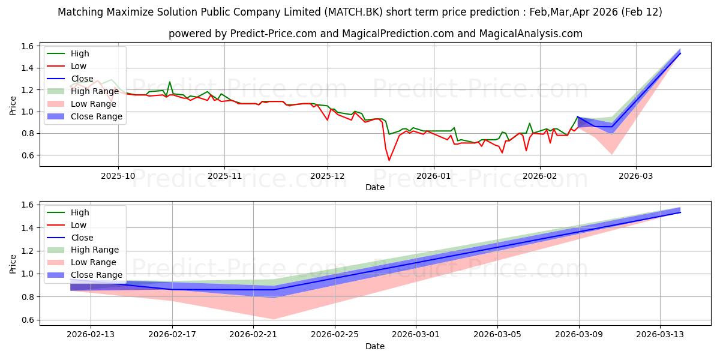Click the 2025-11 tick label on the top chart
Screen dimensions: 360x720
pyautogui.click(x=224, y=176)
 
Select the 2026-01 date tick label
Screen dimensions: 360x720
pyautogui.click(x=433, y=176)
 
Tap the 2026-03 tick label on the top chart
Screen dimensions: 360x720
pyautogui.click(x=636, y=176)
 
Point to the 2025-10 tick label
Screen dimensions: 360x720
pyautogui.click(x=118, y=176)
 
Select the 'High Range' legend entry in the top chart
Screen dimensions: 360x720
pyautogui.click(x=96, y=91)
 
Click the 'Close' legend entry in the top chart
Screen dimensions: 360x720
pyautogui.click(x=82, y=79)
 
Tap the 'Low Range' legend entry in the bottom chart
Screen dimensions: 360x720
pyautogui.click(x=94, y=262)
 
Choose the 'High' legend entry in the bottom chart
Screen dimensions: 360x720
pyautogui.click(x=80, y=212)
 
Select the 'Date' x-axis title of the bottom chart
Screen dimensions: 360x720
pyautogui.click(x=375, y=346)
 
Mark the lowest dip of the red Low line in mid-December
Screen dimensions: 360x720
pyautogui.click(x=389, y=160)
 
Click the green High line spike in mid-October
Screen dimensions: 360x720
pyautogui.click(x=170, y=82)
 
